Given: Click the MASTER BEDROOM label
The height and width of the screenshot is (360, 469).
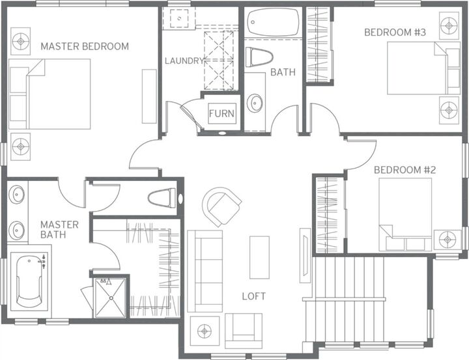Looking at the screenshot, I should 85,46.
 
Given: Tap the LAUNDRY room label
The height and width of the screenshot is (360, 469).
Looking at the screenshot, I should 184,61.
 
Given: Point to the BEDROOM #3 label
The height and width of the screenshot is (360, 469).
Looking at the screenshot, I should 395,32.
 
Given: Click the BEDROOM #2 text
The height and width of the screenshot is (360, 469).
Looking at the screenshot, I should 405,170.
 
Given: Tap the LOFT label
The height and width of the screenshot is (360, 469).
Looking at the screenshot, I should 254,296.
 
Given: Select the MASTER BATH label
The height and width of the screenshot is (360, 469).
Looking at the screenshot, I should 59,229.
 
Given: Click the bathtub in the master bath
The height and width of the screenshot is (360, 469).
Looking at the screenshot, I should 29,282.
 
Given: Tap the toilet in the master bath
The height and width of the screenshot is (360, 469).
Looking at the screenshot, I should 162,197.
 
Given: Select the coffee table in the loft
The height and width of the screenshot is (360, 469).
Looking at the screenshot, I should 259,257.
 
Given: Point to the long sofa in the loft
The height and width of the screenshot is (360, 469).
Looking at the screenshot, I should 205,270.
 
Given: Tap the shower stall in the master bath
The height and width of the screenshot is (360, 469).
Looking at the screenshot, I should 111,298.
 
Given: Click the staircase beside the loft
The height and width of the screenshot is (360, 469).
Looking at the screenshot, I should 368,296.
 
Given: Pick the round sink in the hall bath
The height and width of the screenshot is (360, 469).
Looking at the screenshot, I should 255,104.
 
